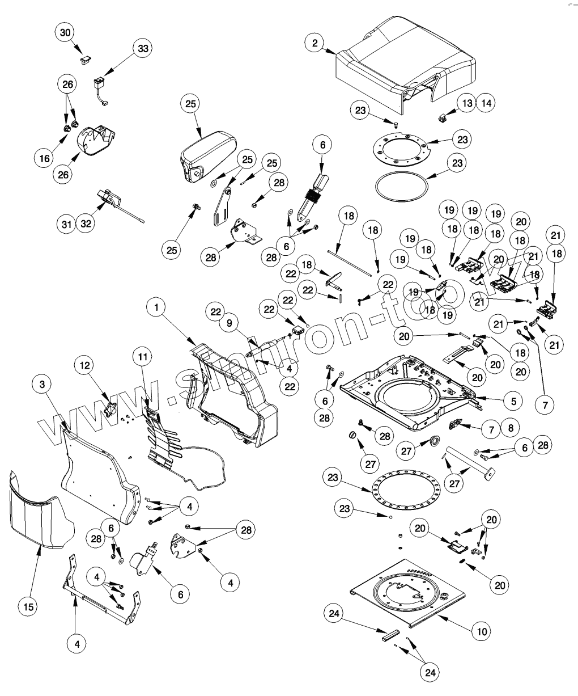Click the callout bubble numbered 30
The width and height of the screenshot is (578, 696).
point(66,33)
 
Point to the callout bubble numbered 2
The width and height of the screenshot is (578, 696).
point(314,43)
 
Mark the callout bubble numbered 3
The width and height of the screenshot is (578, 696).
point(42,384)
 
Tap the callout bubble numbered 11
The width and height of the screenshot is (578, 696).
point(143,357)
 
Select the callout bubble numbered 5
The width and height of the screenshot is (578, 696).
point(513,400)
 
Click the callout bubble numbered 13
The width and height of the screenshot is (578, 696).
point(467,103)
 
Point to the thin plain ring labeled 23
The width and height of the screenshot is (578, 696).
point(402,185)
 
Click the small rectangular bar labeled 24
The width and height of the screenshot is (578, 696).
point(389,634)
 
